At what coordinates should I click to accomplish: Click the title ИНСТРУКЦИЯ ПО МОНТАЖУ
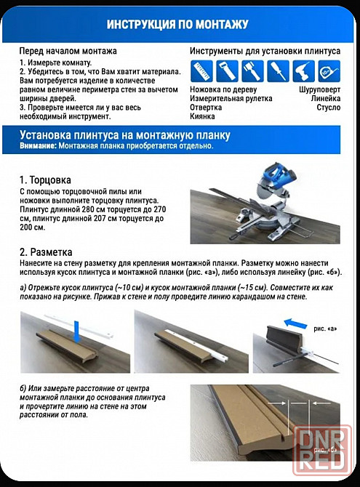point(177,24)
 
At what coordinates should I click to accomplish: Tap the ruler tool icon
point(201,71)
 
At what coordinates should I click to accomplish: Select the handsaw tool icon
point(227,71)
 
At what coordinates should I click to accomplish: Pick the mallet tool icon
point(252,71)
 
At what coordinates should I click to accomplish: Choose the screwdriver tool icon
point(278,71)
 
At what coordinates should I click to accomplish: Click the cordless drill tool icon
point(303,71)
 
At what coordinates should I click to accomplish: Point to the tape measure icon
point(329,71)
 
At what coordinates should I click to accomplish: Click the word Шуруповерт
point(319,89)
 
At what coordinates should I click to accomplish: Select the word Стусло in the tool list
point(329,108)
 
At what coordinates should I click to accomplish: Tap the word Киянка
point(202,116)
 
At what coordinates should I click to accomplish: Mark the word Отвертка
point(206,108)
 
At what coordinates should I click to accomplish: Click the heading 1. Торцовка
point(45,180)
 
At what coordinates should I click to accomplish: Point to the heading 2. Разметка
point(46,252)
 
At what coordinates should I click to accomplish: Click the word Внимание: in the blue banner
point(39,145)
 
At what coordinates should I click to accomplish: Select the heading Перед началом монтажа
point(68,51)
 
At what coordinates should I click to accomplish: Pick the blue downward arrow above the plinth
point(77,331)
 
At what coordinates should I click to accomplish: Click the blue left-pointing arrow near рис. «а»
point(296,323)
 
